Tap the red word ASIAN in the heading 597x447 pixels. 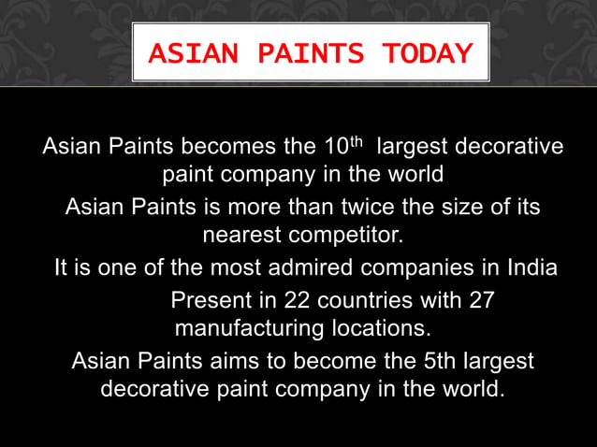coord(186,54)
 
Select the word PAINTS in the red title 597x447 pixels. coord(299,54)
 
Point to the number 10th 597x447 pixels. coord(342,147)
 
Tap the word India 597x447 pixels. coord(531,268)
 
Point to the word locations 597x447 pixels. coord(379,329)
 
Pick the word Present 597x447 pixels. coord(209,302)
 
